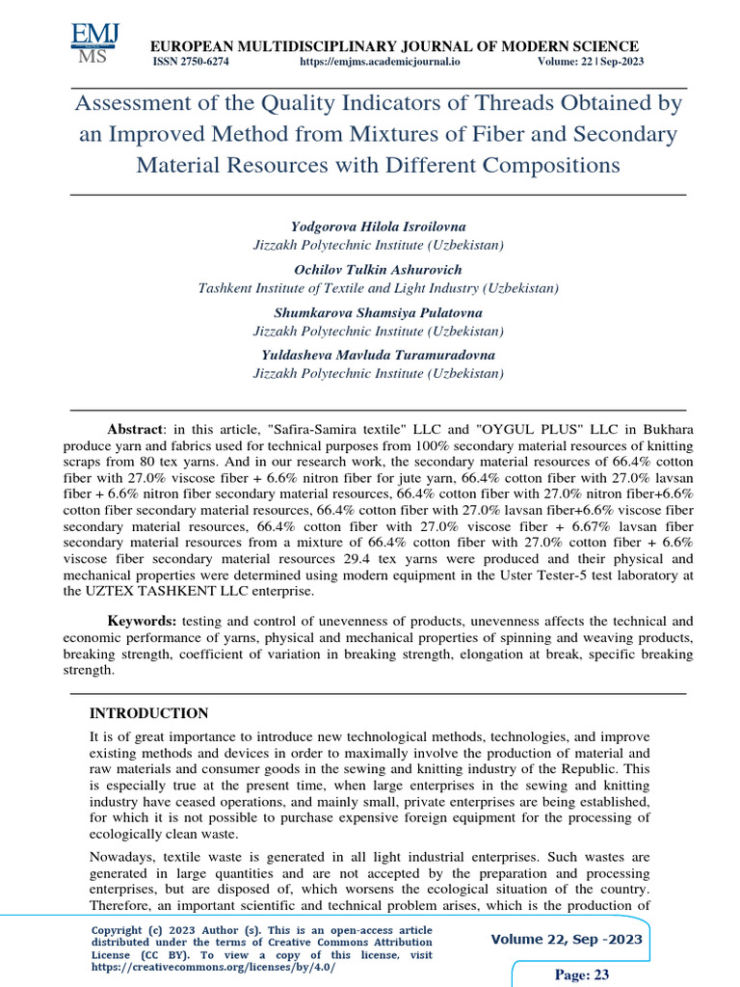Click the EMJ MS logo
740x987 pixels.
click(94, 43)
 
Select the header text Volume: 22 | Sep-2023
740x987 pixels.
click(591, 62)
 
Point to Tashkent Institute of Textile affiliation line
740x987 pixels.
click(378, 287)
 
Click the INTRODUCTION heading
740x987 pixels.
click(148, 714)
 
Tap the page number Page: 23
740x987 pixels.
click(583, 974)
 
